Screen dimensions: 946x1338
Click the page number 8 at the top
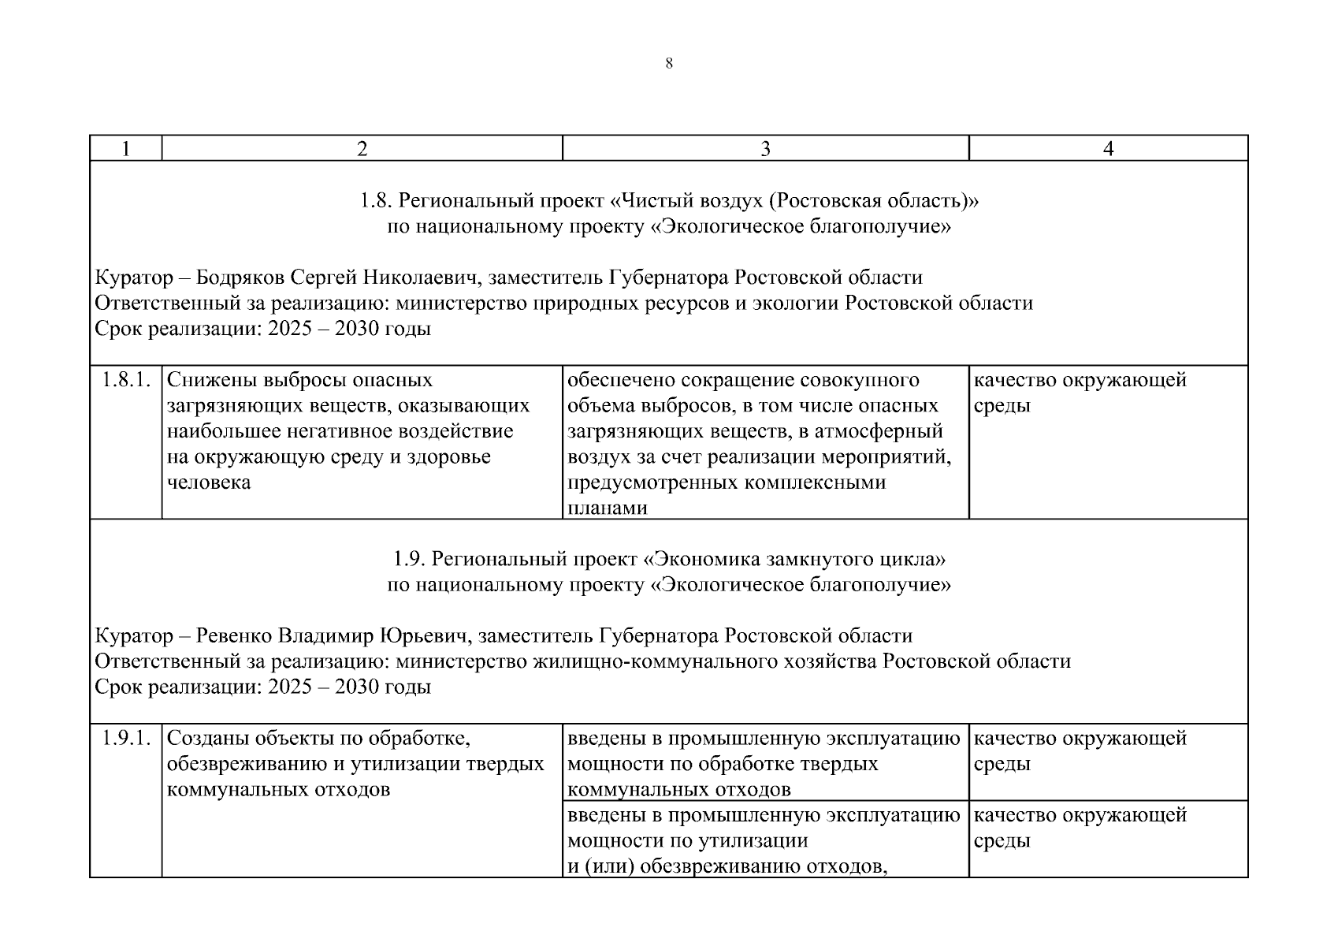(x=669, y=64)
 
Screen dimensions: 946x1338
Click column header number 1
(x=125, y=149)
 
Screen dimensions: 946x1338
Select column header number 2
(x=362, y=149)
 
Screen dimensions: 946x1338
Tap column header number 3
(x=765, y=149)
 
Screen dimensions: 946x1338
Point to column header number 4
(x=1108, y=149)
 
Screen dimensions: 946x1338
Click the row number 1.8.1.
(x=125, y=380)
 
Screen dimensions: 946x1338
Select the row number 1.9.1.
(x=125, y=739)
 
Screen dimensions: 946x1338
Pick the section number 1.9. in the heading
(x=410, y=560)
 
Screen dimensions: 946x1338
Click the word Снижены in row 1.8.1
(x=206, y=380)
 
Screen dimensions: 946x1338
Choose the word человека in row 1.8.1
(x=209, y=482)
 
